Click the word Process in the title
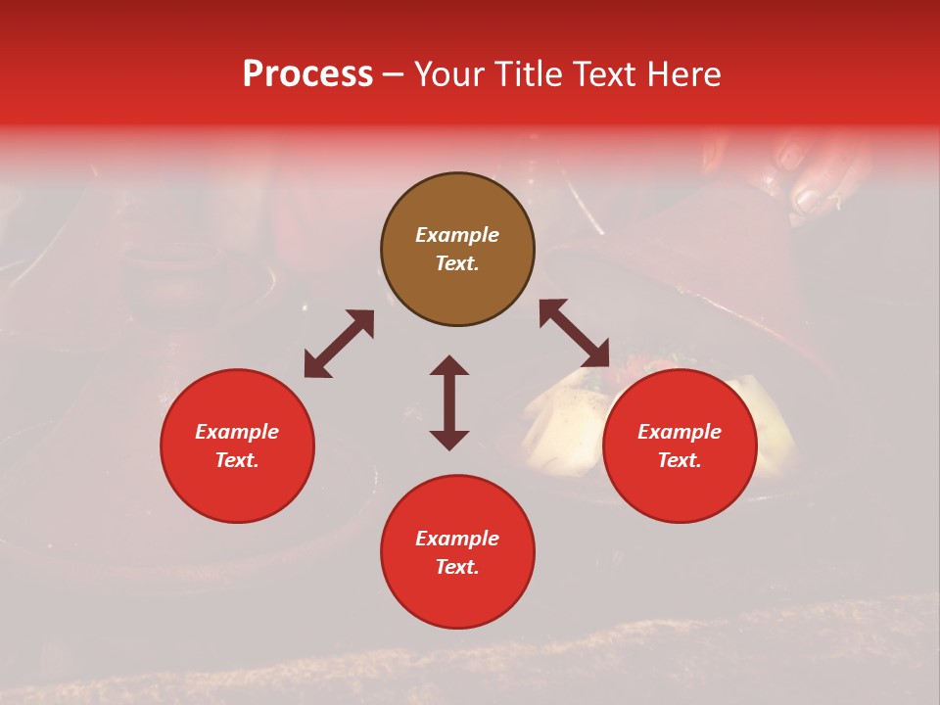(307, 74)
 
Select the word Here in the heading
(683, 74)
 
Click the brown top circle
(457, 250)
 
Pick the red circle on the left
(237, 446)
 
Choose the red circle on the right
(680, 446)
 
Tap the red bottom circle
(457, 551)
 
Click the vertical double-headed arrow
(449, 402)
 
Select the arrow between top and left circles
(339, 344)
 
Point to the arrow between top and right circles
(574, 333)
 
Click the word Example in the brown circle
(457, 235)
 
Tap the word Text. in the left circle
(237, 460)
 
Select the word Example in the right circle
(680, 432)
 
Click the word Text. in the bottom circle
(457, 567)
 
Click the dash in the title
(394, 74)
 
